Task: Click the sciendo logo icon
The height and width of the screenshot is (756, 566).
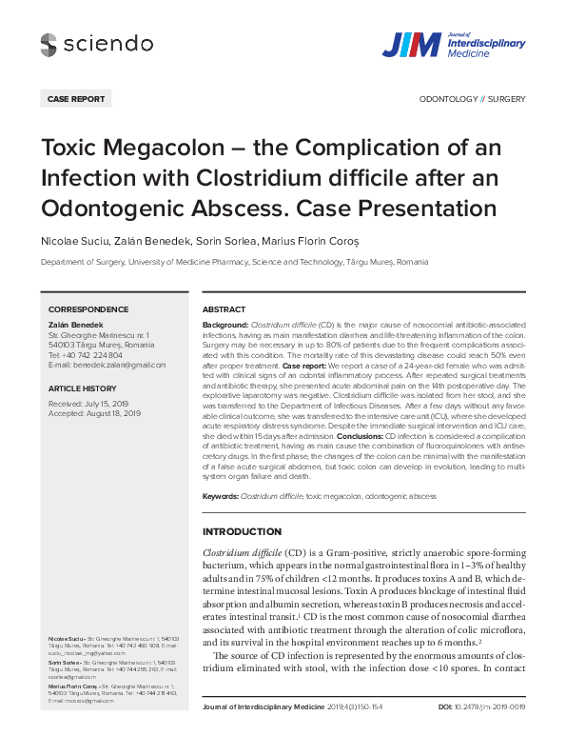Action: pyautogui.click(x=49, y=43)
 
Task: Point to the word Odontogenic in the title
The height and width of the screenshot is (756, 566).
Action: pyautogui.click(x=105, y=207)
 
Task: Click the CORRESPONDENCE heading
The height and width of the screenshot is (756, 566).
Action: pyautogui.click(x=88, y=309)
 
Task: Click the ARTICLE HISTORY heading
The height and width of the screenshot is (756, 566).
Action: pyautogui.click(x=86, y=389)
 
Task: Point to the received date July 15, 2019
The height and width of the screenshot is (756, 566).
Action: pyautogui.click(x=111, y=404)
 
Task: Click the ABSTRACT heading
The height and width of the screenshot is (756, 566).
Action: pyautogui.click(x=224, y=309)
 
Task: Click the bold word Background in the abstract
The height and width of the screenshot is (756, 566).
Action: pyautogui.click(x=225, y=325)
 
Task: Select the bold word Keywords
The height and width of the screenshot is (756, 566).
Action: pyautogui.click(x=220, y=497)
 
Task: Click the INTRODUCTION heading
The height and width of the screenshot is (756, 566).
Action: pyautogui.click(x=242, y=531)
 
